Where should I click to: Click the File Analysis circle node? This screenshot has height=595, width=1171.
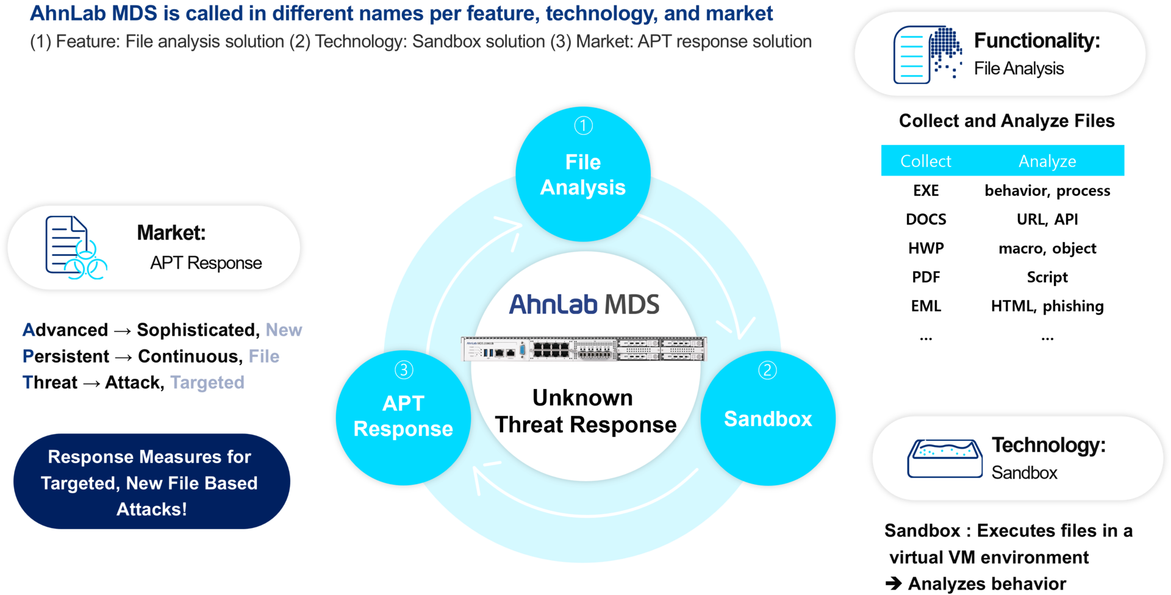coord(583,174)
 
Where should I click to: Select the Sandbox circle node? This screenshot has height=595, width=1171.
coord(768,419)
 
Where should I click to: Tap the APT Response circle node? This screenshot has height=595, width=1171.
coord(403,417)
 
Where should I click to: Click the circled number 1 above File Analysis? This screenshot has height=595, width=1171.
coord(584,126)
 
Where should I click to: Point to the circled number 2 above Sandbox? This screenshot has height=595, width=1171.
coord(767,370)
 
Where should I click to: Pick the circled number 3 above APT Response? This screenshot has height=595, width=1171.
coord(404,369)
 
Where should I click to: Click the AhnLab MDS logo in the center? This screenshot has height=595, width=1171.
coord(584,304)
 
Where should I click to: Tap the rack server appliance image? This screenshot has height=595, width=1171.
coord(584,349)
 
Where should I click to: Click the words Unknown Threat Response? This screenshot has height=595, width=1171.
coord(585,412)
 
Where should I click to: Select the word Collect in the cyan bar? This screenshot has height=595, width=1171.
coord(925,161)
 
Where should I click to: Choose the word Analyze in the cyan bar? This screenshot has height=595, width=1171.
coord(1047,161)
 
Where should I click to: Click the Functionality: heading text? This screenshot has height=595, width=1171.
coord(1037,41)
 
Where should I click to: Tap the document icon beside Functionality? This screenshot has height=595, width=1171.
coord(927,54)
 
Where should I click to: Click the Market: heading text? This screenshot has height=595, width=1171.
coord(171,233)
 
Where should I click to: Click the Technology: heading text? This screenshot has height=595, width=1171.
coord(1048,445)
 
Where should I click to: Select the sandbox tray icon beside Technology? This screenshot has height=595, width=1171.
coord(945,458)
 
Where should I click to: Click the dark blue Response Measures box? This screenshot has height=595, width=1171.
coord(151,482)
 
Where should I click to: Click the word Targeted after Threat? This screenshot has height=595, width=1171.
coord(207,382)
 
